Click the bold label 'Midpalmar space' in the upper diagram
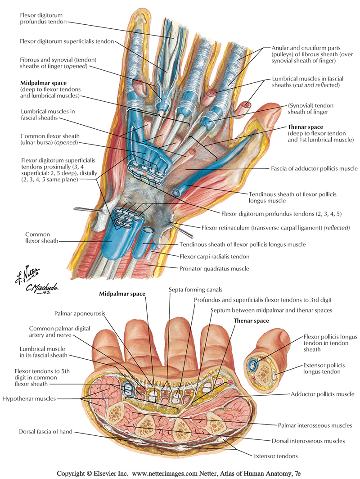click(x=43, y=83)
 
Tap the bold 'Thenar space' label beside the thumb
click(x=306, y=127)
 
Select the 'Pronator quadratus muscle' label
click(x=218, y=269)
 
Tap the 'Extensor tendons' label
click(x=275, y=456)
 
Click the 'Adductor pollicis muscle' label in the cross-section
click(x=323, y=394)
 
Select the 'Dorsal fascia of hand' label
click(x=45, y=432)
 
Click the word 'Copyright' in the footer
click(x=73, y=473)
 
